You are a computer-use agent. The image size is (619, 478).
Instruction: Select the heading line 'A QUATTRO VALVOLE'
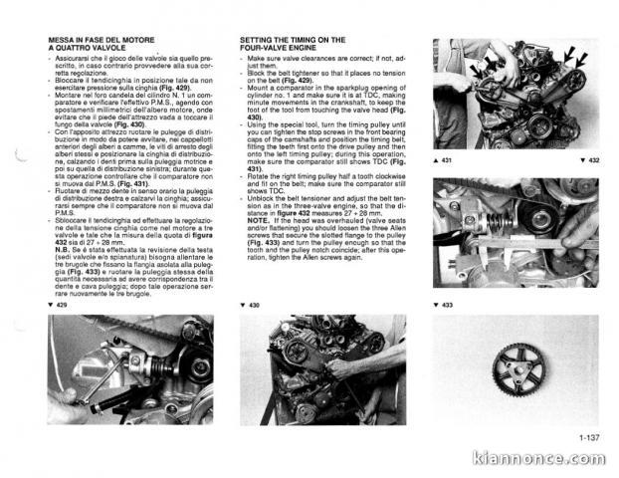82,47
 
